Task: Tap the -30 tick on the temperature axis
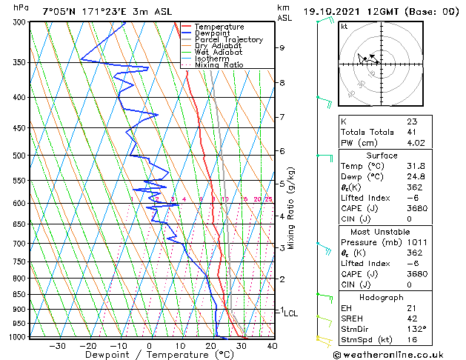point(57,345)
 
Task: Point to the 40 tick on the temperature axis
point(272,345)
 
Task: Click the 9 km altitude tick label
point(282,47)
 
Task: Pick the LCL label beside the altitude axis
point(291,313)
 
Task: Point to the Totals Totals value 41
point(412,132)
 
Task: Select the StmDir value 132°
point(416,329)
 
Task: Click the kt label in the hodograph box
point(344,27)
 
